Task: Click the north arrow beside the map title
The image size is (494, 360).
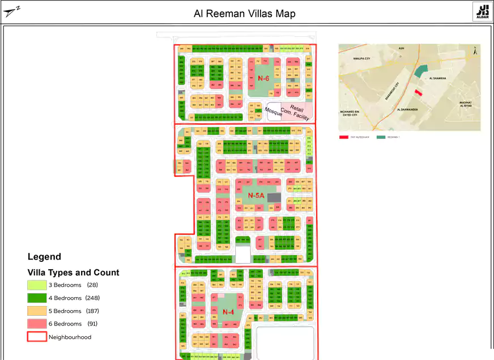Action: pyautogui.click(x=11, y=12)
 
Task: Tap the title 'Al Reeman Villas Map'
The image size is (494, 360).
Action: pyautogui.click(x=244, y=14)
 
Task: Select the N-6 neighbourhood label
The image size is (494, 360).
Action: pyautogui.click(x=263, y=78)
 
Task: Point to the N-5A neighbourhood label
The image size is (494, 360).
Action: pyautogui.click(x=257, y=195)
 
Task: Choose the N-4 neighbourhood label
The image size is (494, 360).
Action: pyautogui.click(x=228, y=312)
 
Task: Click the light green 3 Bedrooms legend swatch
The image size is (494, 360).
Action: pyautogui.click(x=36, y=285)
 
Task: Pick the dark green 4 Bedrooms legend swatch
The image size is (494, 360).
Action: pyautogui.click(x=36, y=298)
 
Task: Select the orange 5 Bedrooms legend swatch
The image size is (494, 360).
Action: pyautogui.click(x=36, y=311)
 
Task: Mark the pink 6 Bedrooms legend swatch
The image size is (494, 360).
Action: pyautogui.click(x=36, y=324)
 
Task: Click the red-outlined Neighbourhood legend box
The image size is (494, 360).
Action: pyautogui.click(x=36, y=337)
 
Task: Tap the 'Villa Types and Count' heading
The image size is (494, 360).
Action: pyautogui.click(x=74, y=273)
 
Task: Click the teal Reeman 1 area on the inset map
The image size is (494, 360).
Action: pyautogui.click(x=421, y=71)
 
